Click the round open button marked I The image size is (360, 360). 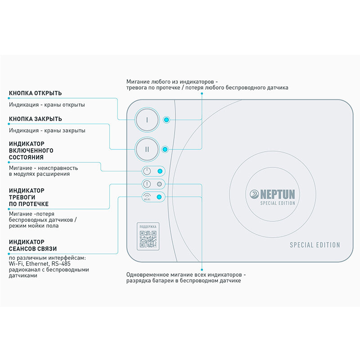click(x=147, y=120)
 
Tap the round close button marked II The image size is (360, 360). click(x=147, y=149)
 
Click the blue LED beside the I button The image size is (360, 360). click(x=166, y=120)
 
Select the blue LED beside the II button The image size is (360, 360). click(x=165, y=149)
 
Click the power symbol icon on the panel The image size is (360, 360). click(x=147, y=171)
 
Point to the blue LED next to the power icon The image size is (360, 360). click(x=160, y=171)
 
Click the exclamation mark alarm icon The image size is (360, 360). click(x=147, y=184)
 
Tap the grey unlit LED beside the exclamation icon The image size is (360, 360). click(x=159, y=184)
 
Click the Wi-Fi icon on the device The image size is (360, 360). click(x=147, y=197)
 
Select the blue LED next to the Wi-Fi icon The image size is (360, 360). click(x=159, y=197)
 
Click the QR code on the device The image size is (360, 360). click(x=148, y=239)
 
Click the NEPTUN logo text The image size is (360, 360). click(x=278, y=194)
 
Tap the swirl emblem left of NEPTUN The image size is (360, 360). click(x=254, y=194)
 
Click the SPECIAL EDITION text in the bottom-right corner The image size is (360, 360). click(x=315, y=245)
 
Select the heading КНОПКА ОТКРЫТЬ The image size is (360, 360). click(x=36, y=93)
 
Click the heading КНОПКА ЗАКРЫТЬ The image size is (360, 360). click(x=36, y=119)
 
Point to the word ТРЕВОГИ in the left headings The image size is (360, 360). click(x=22, y=197)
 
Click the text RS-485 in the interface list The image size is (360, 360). click(x=61, y=264)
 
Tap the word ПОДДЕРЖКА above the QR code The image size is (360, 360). click(x=148, y=227)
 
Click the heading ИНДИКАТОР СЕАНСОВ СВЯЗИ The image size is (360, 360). click(x=33, y=245)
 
